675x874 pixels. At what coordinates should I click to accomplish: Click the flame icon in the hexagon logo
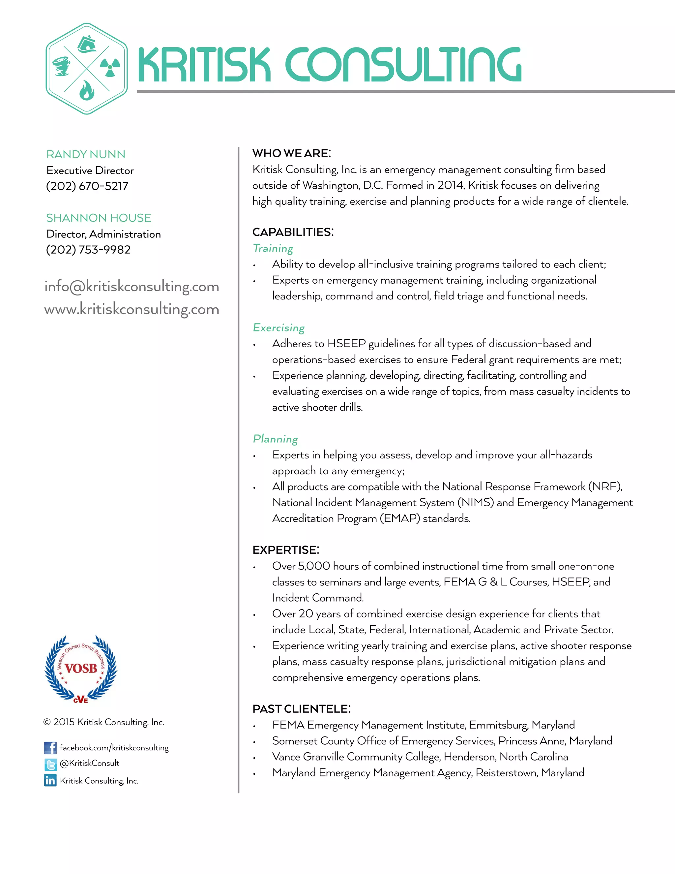point(87,91)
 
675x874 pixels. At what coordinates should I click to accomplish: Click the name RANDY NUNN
point(86,154)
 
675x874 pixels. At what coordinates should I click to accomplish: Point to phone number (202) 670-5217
point(87,186)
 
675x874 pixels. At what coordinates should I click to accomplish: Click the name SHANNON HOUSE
point(98,218)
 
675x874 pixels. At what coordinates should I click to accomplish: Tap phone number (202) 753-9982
point(88,250)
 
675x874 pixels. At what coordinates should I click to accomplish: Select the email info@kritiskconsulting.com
point(132,287)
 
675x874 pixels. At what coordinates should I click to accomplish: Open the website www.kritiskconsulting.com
point(132,309)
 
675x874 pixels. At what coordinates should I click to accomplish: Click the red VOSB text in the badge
point(81,668)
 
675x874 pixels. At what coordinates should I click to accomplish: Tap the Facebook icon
point(50,748)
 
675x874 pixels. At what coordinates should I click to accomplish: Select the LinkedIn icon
point(50,780)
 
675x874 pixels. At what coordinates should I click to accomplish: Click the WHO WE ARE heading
point(291,153)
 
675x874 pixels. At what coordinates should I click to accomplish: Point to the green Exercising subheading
point(279,328)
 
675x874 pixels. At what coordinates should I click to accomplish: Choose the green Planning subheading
point(275,439)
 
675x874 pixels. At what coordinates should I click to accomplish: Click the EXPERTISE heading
point(285,550)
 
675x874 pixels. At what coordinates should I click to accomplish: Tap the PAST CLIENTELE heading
point(301,709)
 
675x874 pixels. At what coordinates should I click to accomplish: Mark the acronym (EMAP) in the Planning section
point(399,519)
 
